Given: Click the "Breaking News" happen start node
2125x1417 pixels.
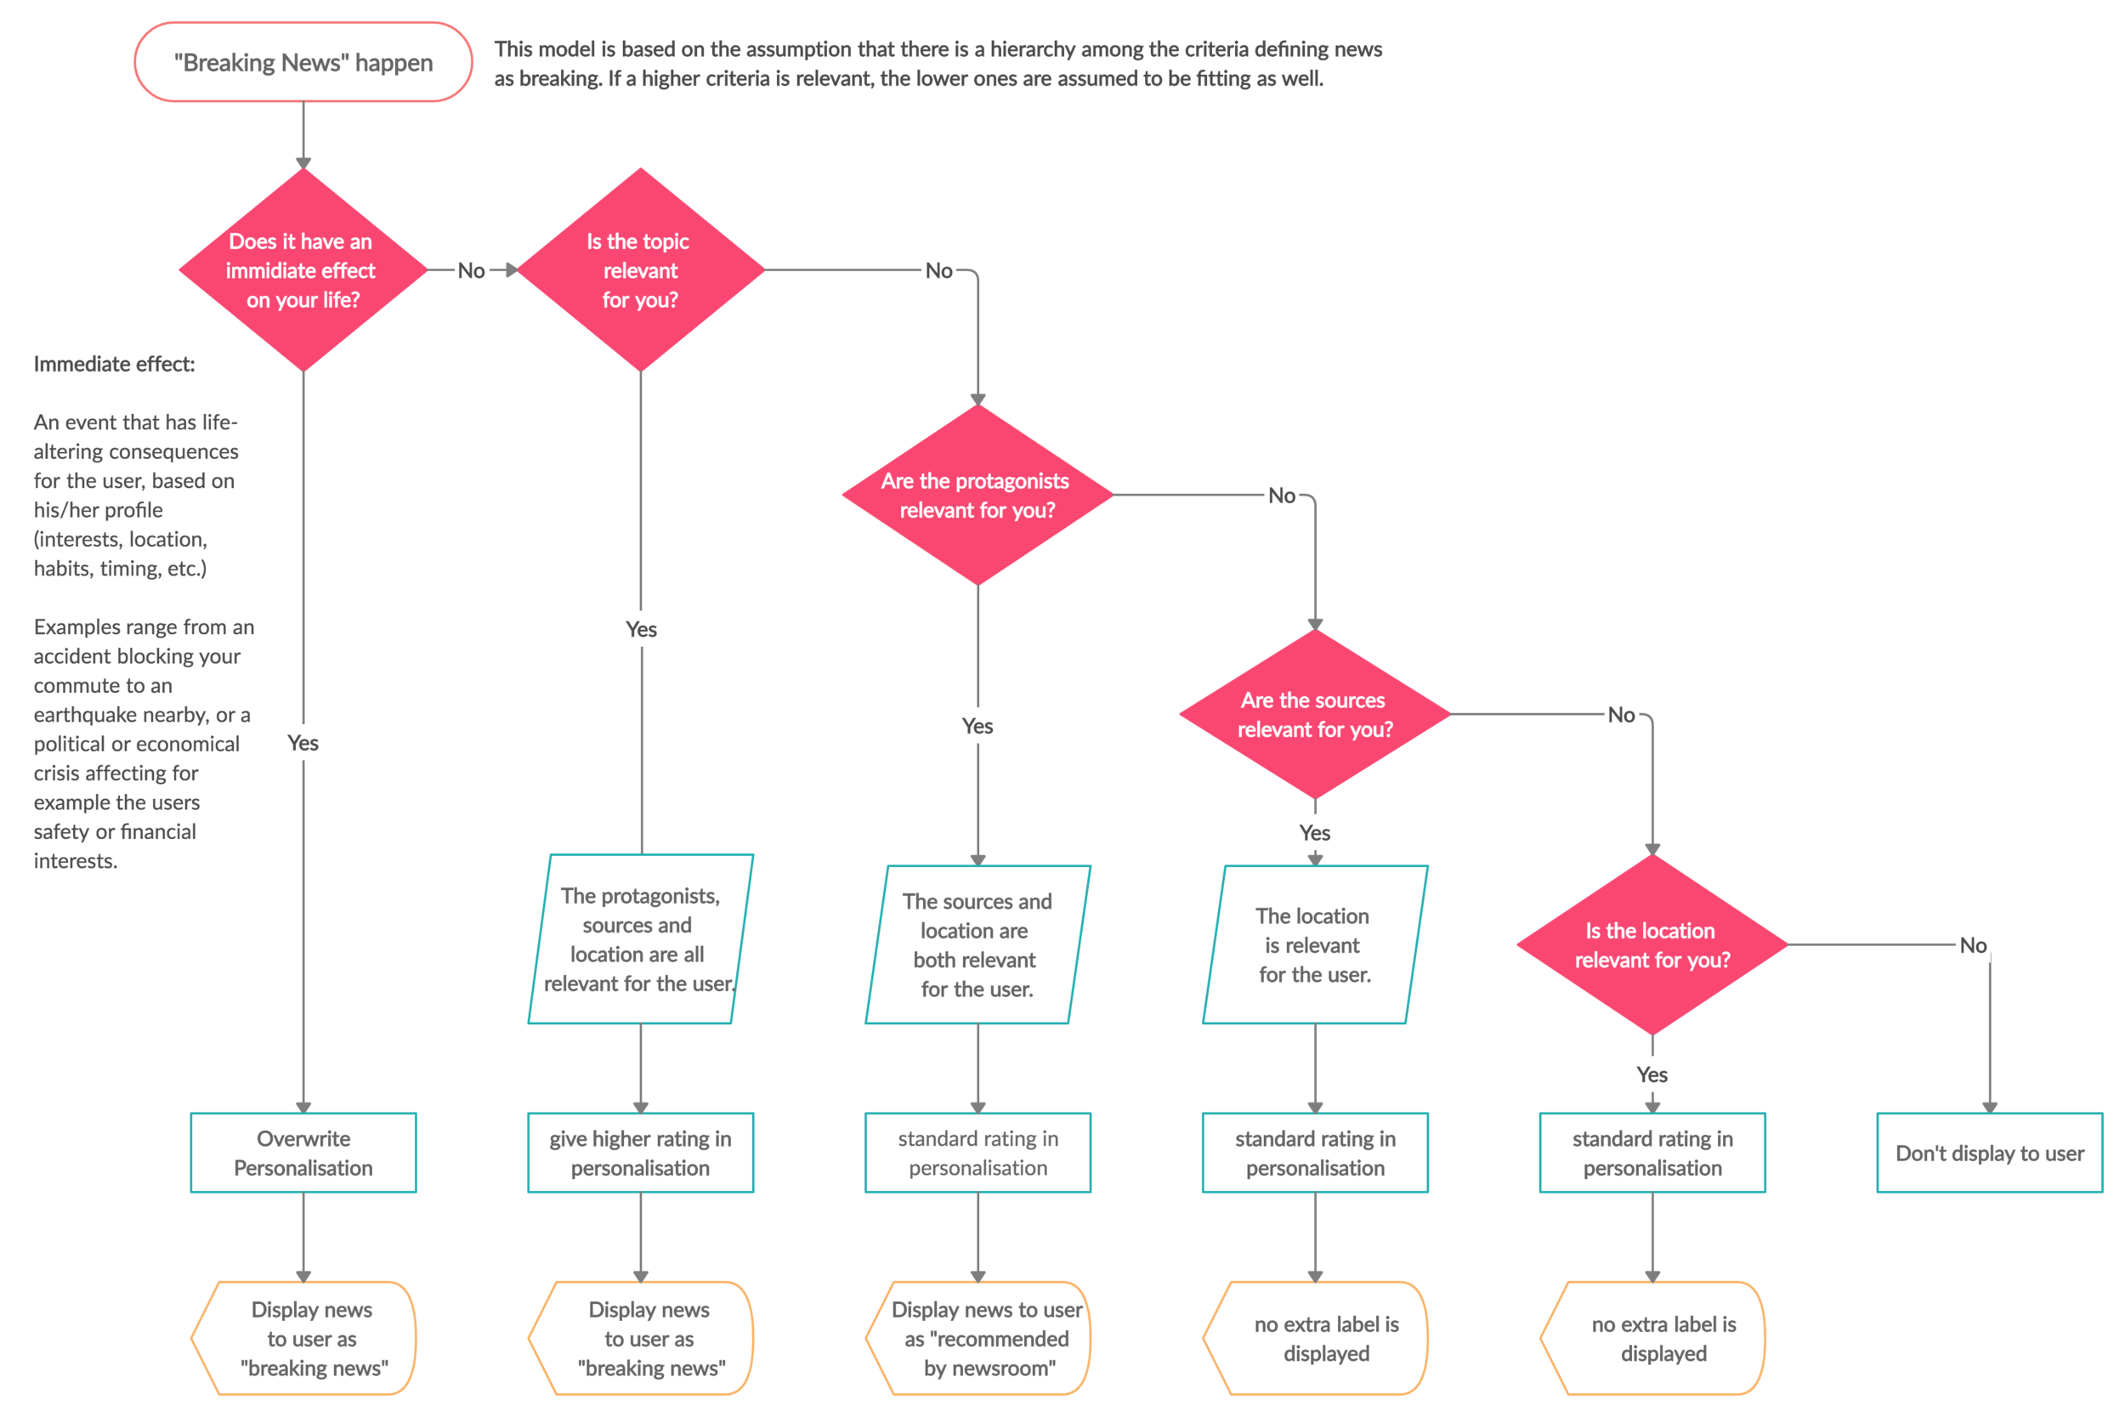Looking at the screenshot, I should [x=303, y=62].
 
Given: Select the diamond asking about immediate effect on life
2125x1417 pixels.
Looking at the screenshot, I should [x=303, y=270].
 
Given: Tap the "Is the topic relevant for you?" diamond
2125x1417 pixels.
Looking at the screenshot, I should [x=640, y=270].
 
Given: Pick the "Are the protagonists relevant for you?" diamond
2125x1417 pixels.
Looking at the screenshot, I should [x=977, y=496].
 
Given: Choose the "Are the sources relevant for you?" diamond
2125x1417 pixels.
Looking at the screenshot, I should [x=1315, y=714].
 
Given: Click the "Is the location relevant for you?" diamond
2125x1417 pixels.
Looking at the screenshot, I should [x=1652, y=944].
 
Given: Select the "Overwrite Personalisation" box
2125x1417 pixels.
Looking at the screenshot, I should [x=303, y=1153].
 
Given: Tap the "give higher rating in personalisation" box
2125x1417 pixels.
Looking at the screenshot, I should [x=640, y=1153].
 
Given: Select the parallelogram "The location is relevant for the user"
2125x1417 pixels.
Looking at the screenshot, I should [x=1315, y=944].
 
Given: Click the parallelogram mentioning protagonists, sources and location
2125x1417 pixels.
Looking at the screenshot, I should [x=640, y=939].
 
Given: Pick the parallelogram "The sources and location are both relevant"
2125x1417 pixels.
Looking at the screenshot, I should [x=977, y=944].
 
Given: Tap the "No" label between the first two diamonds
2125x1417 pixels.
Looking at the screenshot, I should [x=471, y=271].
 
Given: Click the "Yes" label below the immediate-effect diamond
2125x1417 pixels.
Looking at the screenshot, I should [x=303, y=743].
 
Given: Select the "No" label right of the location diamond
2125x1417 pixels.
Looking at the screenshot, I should [x=1972, y=945].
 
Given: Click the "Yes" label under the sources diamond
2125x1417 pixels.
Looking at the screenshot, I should [x=1315, y=832].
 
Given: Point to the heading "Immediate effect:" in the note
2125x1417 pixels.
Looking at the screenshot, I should [x=114, y=364].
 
